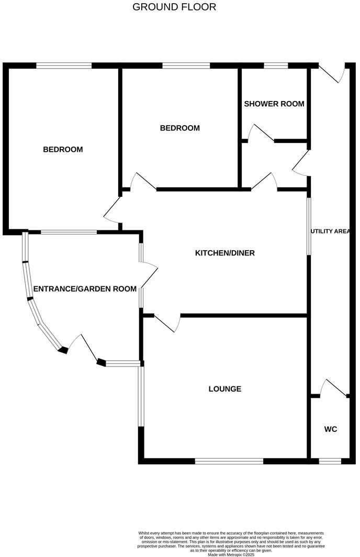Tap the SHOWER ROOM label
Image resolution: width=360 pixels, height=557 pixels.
274,104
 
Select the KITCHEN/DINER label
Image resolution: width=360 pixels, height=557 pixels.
224,253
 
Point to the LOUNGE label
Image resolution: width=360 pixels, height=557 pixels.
224,389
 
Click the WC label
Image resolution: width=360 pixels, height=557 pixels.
330,429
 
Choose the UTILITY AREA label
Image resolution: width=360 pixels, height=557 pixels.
330,231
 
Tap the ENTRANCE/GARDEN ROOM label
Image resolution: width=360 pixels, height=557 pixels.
85,289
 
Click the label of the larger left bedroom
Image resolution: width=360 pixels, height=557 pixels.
63,150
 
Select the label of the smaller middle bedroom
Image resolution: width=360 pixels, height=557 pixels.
179,128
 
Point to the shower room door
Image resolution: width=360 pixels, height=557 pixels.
261,133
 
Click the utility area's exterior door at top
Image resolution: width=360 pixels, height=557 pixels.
333,73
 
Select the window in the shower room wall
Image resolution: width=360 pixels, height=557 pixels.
276,65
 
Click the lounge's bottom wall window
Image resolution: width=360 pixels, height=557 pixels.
229,461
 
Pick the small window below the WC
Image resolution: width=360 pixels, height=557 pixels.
330,461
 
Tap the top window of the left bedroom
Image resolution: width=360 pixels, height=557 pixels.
64,65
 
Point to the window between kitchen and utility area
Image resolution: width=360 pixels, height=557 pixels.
309,226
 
